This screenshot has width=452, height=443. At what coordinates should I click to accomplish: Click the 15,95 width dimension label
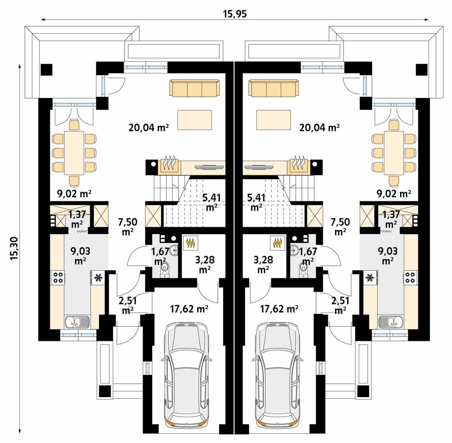tap(235, 14)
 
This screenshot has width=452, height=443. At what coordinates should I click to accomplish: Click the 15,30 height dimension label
tap(14, 249)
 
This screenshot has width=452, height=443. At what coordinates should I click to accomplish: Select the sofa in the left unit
tap(194, 88)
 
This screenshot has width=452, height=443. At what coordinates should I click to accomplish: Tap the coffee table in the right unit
tap(273, 120)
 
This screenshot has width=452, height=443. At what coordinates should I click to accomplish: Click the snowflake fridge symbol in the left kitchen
tap(98, 278)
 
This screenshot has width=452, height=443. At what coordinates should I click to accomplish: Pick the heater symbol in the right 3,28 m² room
tap(278, 243)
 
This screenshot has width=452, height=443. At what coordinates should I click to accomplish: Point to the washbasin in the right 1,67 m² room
tap(294, 249)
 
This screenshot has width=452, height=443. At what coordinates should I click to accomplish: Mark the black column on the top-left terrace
tap(46, 69)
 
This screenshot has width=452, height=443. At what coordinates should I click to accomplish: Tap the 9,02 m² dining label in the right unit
tap(393, 193)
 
